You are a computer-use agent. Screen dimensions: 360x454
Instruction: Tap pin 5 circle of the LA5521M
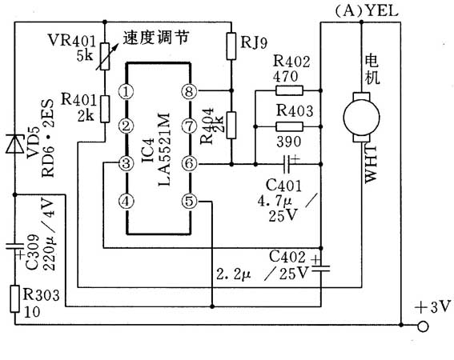pos(189,202)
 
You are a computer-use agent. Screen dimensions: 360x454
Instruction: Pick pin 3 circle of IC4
pos(126,164)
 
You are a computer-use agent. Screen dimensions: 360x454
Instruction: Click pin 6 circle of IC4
pos(189,164)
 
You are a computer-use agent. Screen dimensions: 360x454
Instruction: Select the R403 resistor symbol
pos(286,126)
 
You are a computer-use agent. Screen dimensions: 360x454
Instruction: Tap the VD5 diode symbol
pos(15,144)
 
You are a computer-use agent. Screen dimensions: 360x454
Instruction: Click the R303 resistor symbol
pos(15,298)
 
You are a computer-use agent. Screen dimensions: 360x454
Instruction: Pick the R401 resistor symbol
pos(105,107)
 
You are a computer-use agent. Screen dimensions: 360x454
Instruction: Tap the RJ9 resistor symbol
pos(231,45)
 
